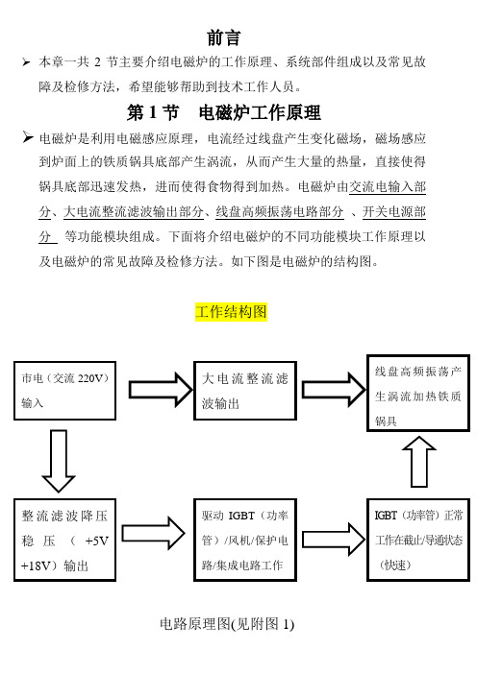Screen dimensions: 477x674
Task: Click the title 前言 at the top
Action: click(223, 37)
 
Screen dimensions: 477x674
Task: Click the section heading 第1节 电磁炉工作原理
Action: click(223, 112)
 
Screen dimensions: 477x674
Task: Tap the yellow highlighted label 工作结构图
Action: click(231, 312)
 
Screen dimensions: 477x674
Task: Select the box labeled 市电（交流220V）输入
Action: click(65, 391)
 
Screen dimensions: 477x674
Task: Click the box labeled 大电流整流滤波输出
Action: click(245, 391)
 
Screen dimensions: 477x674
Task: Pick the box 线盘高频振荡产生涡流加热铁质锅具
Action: click(418, 393)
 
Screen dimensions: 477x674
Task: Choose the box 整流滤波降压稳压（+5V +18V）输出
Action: click(65, 541)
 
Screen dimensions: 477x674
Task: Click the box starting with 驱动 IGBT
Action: click(245, 541)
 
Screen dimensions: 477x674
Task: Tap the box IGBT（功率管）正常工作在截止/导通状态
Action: click(418, 541)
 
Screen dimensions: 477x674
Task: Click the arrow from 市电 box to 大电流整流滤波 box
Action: click(161, 390)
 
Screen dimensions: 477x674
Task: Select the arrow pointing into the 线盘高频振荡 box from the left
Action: click(334, 390)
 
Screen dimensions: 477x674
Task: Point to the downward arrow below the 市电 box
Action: click(59, 461)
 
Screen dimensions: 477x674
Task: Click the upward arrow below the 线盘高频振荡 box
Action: click(419, 462)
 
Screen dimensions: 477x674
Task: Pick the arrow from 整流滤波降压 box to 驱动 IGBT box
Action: click(153, 534)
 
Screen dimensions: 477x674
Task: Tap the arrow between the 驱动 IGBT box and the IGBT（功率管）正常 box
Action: click(334, 540)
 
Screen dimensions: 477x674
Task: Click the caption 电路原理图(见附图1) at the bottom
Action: click(227, 624)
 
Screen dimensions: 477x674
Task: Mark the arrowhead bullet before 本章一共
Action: click(26, 62)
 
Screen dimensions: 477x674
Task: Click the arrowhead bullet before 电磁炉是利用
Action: click(28, 137)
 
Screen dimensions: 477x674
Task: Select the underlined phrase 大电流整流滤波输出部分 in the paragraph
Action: click(134, 212)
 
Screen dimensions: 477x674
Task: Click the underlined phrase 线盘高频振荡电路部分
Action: click(280, 212)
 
